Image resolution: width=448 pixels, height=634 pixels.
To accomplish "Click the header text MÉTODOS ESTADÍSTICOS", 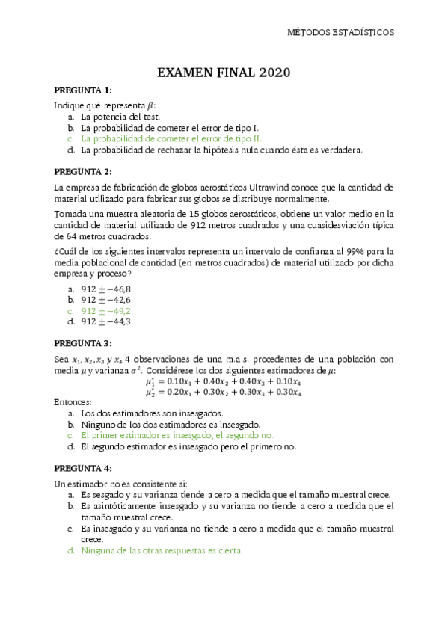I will [x=341, y=32].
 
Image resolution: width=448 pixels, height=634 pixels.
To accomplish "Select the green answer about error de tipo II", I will [x=171, y=138].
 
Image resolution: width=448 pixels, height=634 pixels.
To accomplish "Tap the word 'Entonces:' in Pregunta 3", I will [x=73, y=402].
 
